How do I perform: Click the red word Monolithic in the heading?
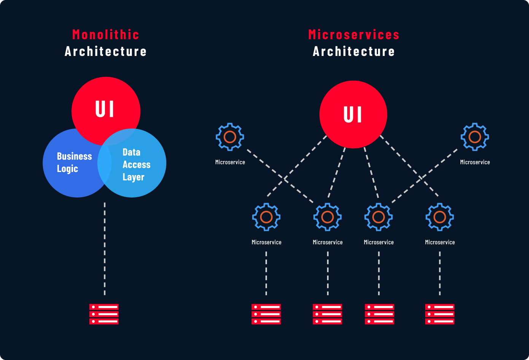pyautogui.click(x=105, y=35)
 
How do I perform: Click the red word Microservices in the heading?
pyautogui.click(x=354, y=35)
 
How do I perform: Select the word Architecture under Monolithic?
pyautogui.click(x=105, y=51)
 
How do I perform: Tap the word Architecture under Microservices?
pyautogui.click(x=354, y=51)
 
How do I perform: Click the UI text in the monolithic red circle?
pyautogui.click(x=105, y=109)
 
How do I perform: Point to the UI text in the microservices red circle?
pyautogui.click(x=353, y=115)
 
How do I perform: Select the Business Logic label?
pyautogui.click(x=74, y=162)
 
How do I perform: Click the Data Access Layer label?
pyautogui.click(x=136, y=164)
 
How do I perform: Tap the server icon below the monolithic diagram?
pyautogui.click(x=104, y=314)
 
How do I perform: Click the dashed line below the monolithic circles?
pyautogui.click(x=105, y=247)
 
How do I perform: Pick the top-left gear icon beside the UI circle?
pyautogui.click(x=230, y=137)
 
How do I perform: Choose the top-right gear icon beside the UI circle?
pyautogui.click(x=475, y=137)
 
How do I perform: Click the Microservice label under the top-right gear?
pyautogui.click(x=475, y=162)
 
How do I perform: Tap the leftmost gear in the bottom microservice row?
pyautogui.click(x=266, y=217)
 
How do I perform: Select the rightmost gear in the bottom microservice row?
pyautogui.click(x=440, y=217)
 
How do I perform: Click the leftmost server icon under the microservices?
pyautogui.click(x=266, y=314)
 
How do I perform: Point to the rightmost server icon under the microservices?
pyautogui.click(x=440, y=314)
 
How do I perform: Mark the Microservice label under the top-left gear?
pyautogui.click(x=230, y=162)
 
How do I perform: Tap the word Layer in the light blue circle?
pyautogui.click(x=133, y=177)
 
